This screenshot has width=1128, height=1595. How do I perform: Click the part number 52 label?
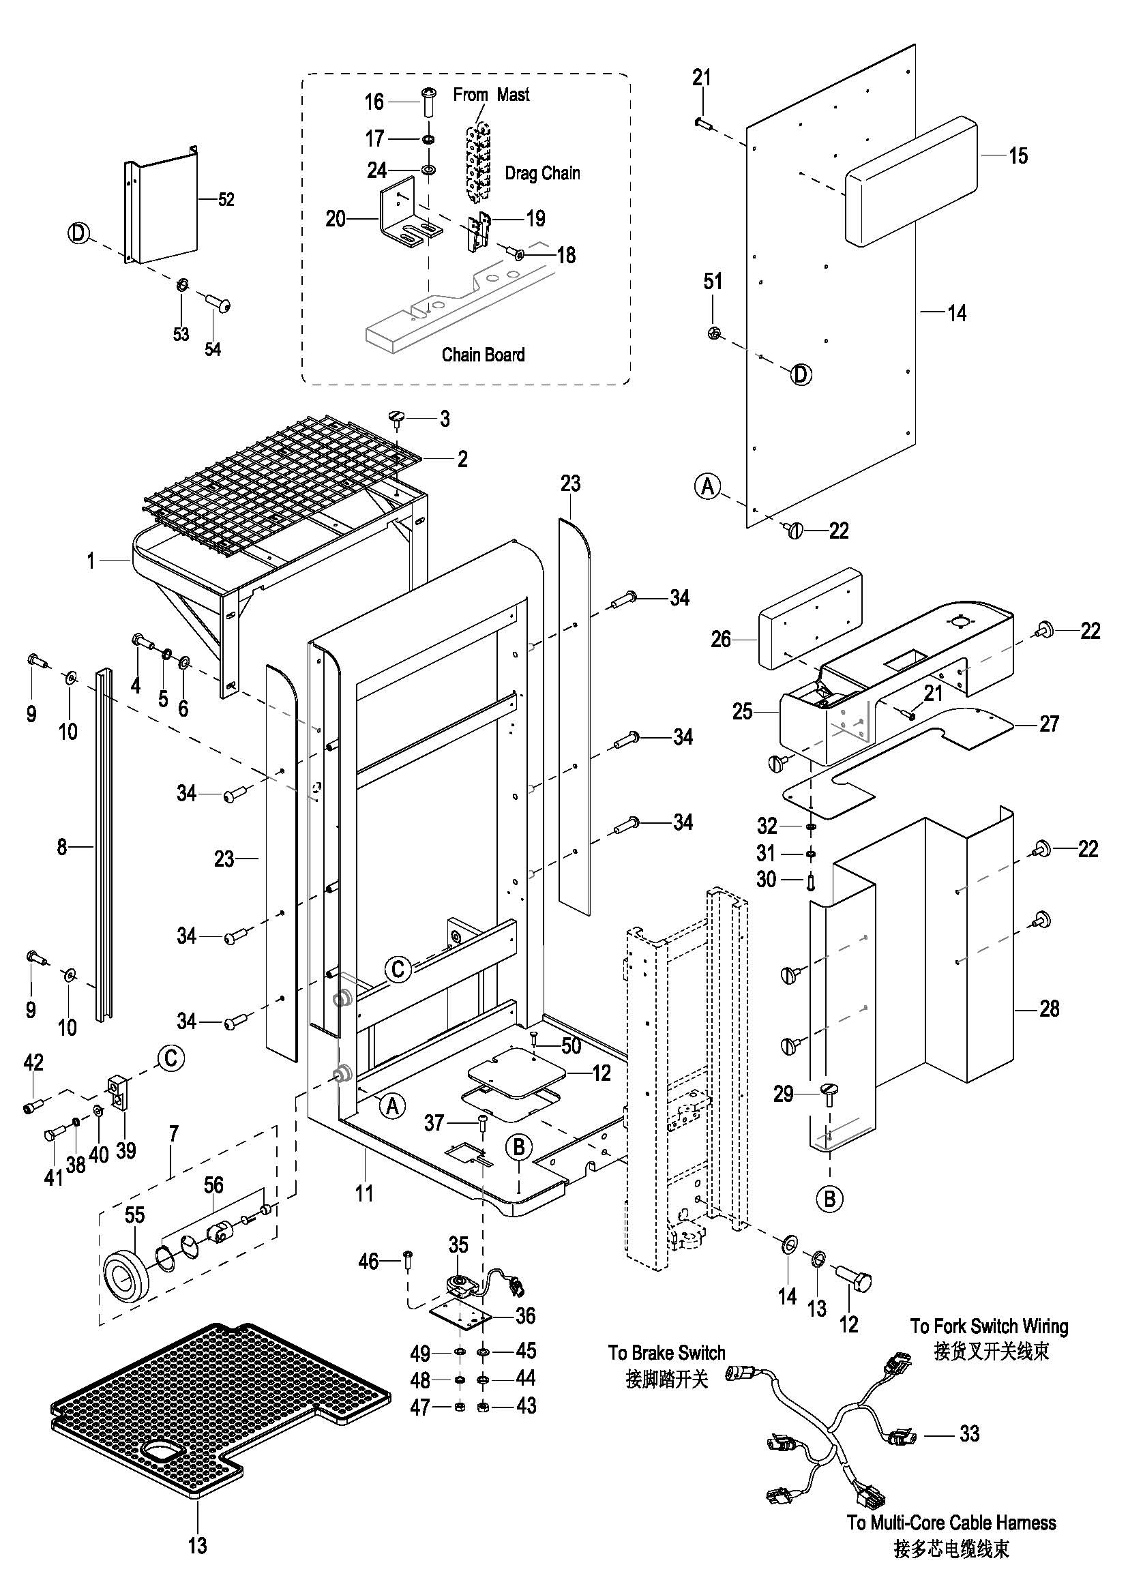click(226, 199)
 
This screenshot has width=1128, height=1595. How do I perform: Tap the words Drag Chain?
click(541, 173)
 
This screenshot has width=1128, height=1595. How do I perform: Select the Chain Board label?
click(483, 355)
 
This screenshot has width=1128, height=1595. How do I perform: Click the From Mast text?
click(491, 95)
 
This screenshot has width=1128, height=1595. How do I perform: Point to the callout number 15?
click(1018, 155)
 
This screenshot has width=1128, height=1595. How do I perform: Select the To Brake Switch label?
click(666, 1352)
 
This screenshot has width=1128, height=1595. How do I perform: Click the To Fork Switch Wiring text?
click(988, 1326)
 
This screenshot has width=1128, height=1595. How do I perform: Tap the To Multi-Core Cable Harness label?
click(951, 1523)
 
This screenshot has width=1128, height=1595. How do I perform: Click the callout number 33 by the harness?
click(969, 1433)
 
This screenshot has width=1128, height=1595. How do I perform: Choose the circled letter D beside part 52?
click(79, 233)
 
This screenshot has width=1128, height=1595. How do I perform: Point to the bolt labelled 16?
click(428, 102)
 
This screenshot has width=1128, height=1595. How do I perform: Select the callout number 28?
click(1049, 1009)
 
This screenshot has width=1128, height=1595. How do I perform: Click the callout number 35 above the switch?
click(458, 1244)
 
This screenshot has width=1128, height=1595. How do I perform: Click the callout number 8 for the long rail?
click(62, 847)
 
